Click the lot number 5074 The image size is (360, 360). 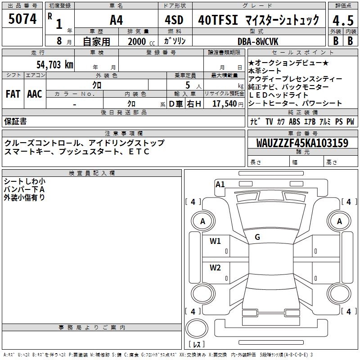22,20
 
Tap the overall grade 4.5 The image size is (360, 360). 343,20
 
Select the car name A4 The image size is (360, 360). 116,20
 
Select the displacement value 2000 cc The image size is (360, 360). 139,41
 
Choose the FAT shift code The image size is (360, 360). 13,94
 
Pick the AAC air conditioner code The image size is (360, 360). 34,94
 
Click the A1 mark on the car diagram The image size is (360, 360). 220,184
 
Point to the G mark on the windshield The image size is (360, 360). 257,237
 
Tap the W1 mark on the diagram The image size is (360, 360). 216,241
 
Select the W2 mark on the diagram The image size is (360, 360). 216,268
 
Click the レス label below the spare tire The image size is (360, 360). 197,344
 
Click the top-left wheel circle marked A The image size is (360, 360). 202,221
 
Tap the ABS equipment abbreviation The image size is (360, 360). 294,121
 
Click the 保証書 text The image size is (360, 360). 15,121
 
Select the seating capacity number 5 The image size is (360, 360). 186,85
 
